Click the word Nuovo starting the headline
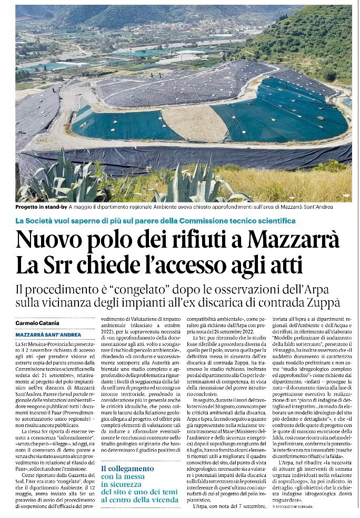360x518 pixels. tap(46, 240)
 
